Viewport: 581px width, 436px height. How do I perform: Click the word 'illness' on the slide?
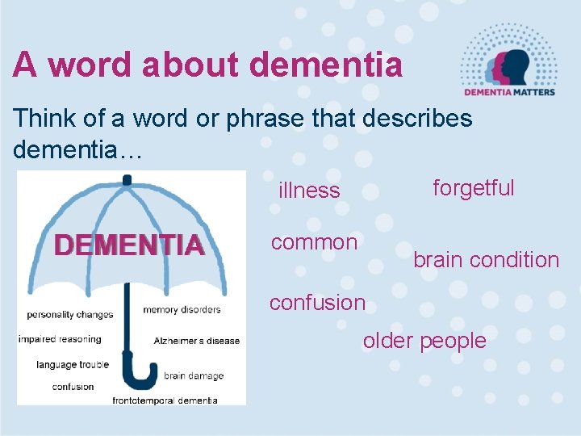click(x=309, y=191)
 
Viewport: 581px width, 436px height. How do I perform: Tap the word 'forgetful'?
click(x=473, y=188)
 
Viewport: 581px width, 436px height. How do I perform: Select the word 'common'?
click(x=314, y=242)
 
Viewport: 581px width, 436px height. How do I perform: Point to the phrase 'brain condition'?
click(x=486, y=260)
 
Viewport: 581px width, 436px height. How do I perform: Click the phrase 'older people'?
click(x=424, y=341)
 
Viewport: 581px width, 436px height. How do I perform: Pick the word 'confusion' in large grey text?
click(x=317, y=303)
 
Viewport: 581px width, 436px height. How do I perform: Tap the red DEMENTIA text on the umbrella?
click(x=128, y=245)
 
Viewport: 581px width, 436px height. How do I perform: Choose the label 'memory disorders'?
click(x=182, y=310)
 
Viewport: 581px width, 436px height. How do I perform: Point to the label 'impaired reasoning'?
click(x=60, y=339)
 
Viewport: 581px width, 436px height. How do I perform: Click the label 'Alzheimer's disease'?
click(x=197, y=341)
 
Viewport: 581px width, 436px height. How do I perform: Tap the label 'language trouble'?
click(x=72, y=365)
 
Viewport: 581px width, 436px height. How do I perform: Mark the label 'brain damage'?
click(x=194, y=375)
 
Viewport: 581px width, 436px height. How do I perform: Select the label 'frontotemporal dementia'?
click(x=165, y=400)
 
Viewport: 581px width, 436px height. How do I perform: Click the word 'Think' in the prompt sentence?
click(x=39, y=118)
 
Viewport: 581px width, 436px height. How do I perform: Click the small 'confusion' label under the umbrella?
click(x=73, y=387)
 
